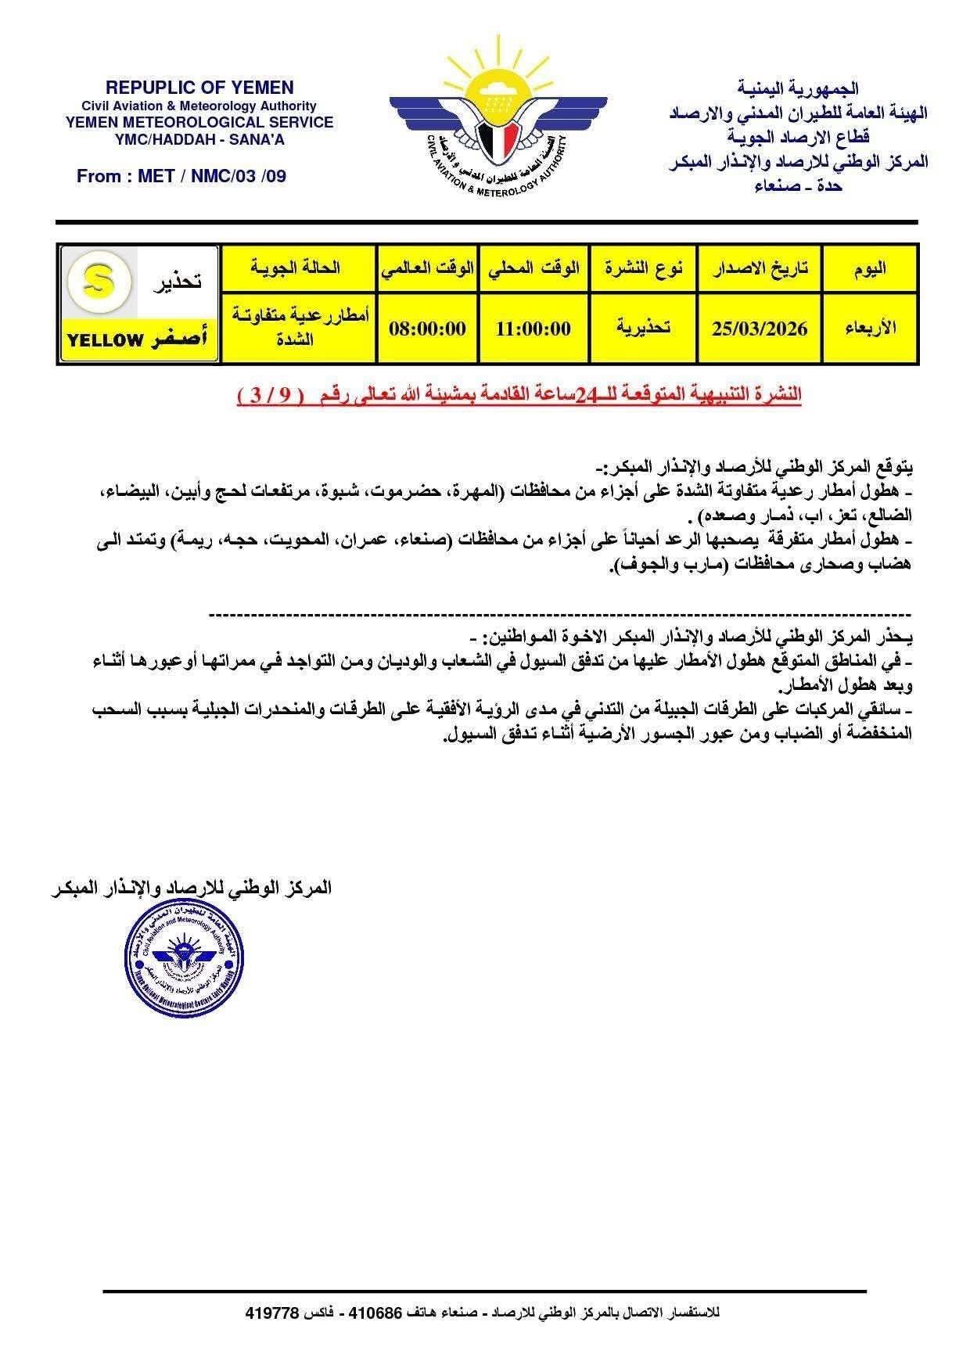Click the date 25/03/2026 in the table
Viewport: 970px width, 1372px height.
(759, 329)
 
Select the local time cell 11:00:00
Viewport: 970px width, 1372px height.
(533, 329)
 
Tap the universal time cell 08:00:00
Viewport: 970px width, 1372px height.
(427, 329)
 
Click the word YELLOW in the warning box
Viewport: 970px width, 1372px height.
(106, 340)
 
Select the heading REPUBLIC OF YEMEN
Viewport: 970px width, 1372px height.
(199, 88)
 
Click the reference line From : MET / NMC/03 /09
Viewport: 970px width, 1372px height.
(181, 176)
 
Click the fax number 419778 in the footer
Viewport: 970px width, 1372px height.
(273, 1313)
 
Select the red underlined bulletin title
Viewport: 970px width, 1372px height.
(519, 396)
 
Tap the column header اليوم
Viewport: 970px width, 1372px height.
(869, 268)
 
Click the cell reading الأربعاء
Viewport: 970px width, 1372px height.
(869, 329)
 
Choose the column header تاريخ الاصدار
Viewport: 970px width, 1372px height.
(759, 268)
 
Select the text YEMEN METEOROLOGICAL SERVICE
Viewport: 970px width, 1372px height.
(199, 122)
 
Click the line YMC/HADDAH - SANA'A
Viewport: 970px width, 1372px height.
(199, 138)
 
